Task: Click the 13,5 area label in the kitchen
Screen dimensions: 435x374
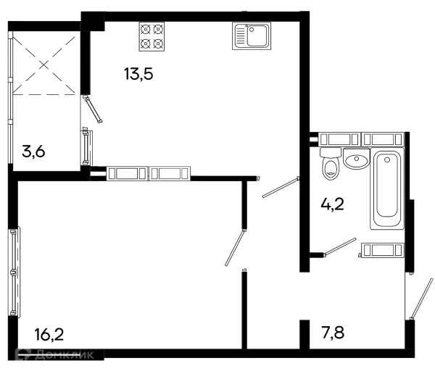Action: [138, 74]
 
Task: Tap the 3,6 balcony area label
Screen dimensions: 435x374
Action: [33, 151]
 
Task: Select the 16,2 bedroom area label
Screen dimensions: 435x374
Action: [49, 334]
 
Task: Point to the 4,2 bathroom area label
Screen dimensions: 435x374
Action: [332, 204]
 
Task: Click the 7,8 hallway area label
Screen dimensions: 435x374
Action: [333, 332]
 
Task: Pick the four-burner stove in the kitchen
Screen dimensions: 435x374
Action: [152, 37]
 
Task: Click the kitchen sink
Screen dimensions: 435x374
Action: [252, 36]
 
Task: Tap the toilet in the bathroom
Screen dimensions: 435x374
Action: [331, 164]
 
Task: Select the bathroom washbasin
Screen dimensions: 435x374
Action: [357, 159]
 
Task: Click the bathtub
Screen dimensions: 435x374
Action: [387, 188]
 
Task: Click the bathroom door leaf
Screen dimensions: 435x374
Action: [340, 246]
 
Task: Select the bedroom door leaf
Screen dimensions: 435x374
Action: [235, 247]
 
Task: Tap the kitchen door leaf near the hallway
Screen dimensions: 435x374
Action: [281, 187]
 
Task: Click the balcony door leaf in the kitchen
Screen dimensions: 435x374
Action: [94, 109]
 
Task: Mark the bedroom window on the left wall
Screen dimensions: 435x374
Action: [14, 271]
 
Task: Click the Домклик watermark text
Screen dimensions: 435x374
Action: [65, 354]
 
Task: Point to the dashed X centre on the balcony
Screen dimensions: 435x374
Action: [43, 65]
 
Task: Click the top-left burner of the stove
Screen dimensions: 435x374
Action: [146, 29]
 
